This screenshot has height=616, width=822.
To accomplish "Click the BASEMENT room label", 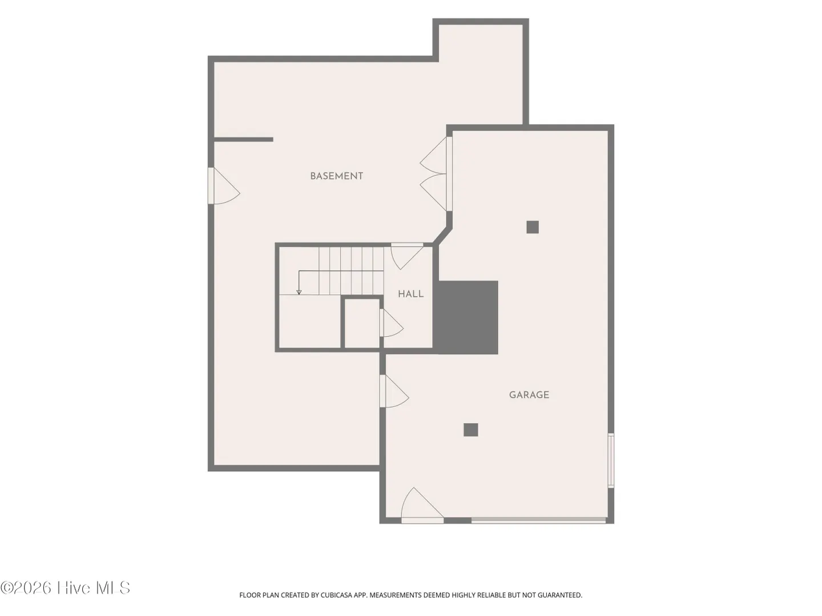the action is coord(336,176).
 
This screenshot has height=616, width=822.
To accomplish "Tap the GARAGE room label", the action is coord(529,395).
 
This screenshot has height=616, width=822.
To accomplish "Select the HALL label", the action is coord(411,294).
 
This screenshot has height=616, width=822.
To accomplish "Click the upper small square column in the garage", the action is coord(533,227).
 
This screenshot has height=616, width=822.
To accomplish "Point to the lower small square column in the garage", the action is coord(471,429).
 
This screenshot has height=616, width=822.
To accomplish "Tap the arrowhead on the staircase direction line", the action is coord(299,292).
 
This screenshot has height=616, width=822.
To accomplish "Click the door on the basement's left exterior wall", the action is coord(224,186).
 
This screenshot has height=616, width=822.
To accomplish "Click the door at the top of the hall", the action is coord(407,256).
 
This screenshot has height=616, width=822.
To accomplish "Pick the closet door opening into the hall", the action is coord(392,323).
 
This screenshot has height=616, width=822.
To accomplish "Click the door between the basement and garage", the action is coord(394,391).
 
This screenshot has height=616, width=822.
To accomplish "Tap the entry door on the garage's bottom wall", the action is coord(422,505).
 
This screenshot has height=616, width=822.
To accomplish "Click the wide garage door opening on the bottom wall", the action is coord(538,520).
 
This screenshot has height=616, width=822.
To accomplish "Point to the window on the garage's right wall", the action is coord(611,460).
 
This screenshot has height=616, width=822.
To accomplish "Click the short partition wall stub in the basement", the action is coord(243,140).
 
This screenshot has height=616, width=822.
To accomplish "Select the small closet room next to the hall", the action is coord(362,323).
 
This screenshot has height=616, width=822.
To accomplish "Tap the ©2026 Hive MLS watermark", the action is coord(65,588).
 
